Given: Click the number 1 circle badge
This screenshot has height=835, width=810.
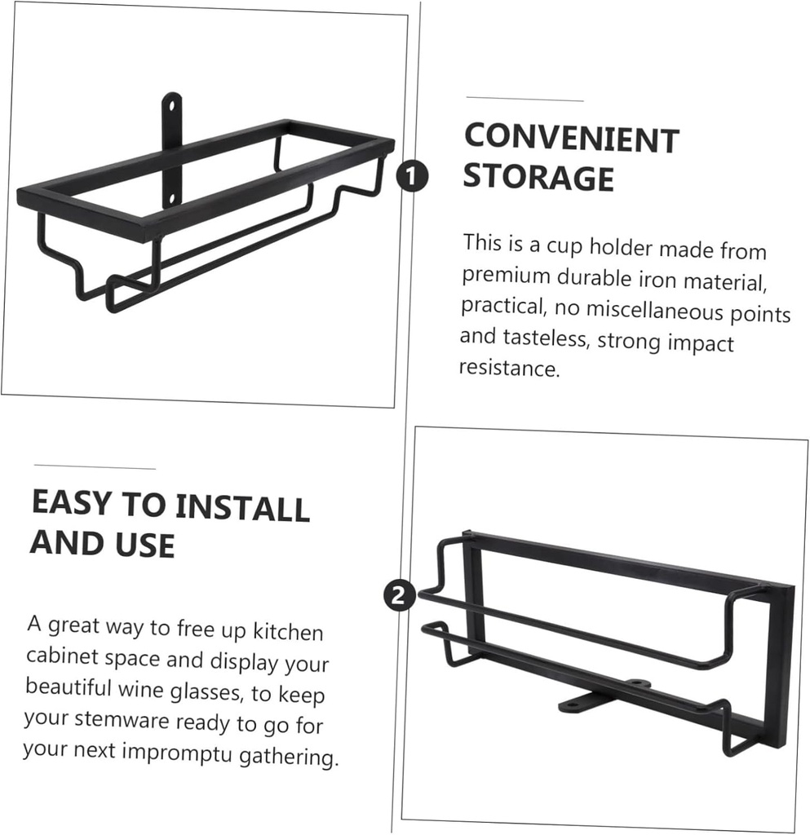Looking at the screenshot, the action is coord(412,176).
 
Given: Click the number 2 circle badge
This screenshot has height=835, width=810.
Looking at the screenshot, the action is coord(400,594).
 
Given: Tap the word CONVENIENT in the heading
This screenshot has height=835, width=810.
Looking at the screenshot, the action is coord(572,139).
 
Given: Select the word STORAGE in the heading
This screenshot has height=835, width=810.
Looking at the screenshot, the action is coord(538,177).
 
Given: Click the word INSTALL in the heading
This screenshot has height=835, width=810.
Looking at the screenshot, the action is coord(242,507).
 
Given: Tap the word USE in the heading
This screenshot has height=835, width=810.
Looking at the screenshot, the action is coord(144,545).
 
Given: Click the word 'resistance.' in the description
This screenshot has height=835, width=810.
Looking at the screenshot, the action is coord(510,368).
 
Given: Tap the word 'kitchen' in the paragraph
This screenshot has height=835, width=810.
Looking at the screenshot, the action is coord(288,632).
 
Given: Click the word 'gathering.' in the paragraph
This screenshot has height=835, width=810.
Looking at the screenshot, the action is coord(289,757).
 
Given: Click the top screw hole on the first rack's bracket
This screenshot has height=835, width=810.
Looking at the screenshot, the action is coord(171,105).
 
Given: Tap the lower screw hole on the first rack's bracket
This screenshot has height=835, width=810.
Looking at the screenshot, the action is coord(171,200).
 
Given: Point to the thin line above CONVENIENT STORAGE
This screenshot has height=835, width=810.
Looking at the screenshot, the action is coord(525,99).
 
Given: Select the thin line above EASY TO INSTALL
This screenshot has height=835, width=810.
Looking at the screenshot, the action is coord(95,467).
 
